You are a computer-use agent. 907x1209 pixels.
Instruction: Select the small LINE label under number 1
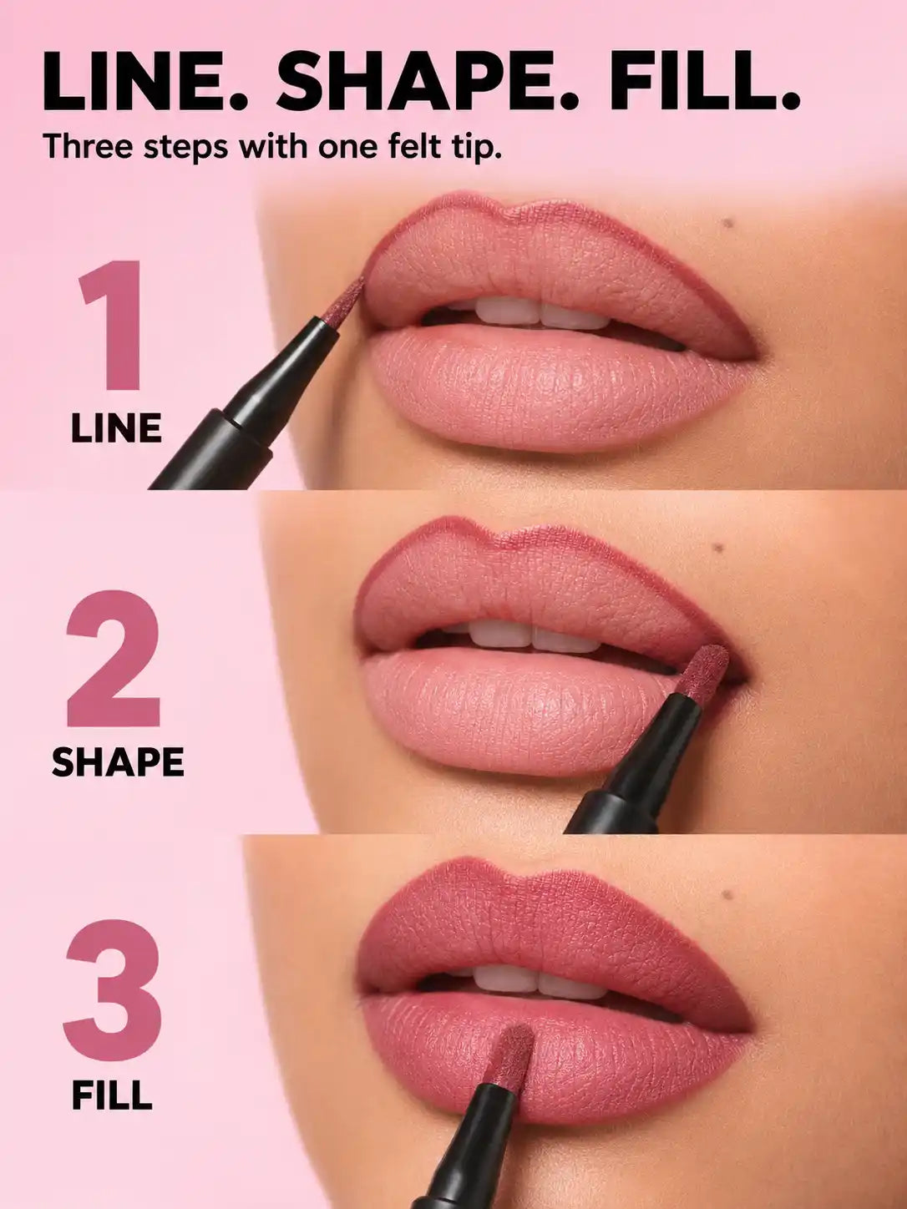[x=117, y=428]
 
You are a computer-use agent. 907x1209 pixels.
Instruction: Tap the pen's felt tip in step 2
[x=702, y=670]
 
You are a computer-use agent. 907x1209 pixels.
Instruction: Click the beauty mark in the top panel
[x=729, y=224]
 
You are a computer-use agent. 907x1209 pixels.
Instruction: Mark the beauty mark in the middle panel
[x=718, y=548]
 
